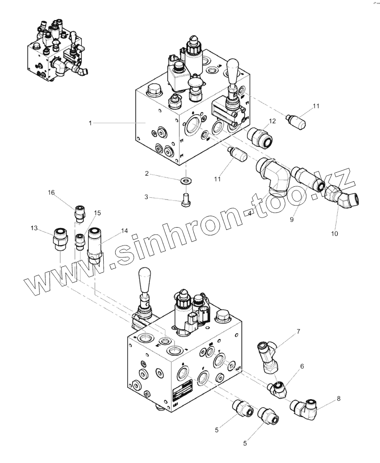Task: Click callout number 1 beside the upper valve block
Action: click(90, 123)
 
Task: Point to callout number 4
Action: click(249, 213)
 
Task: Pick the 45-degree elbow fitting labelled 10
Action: click(346, 198)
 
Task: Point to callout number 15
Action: click(97, 213)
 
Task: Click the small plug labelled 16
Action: click(79, 213)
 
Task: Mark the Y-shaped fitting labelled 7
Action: click(267, 357)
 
